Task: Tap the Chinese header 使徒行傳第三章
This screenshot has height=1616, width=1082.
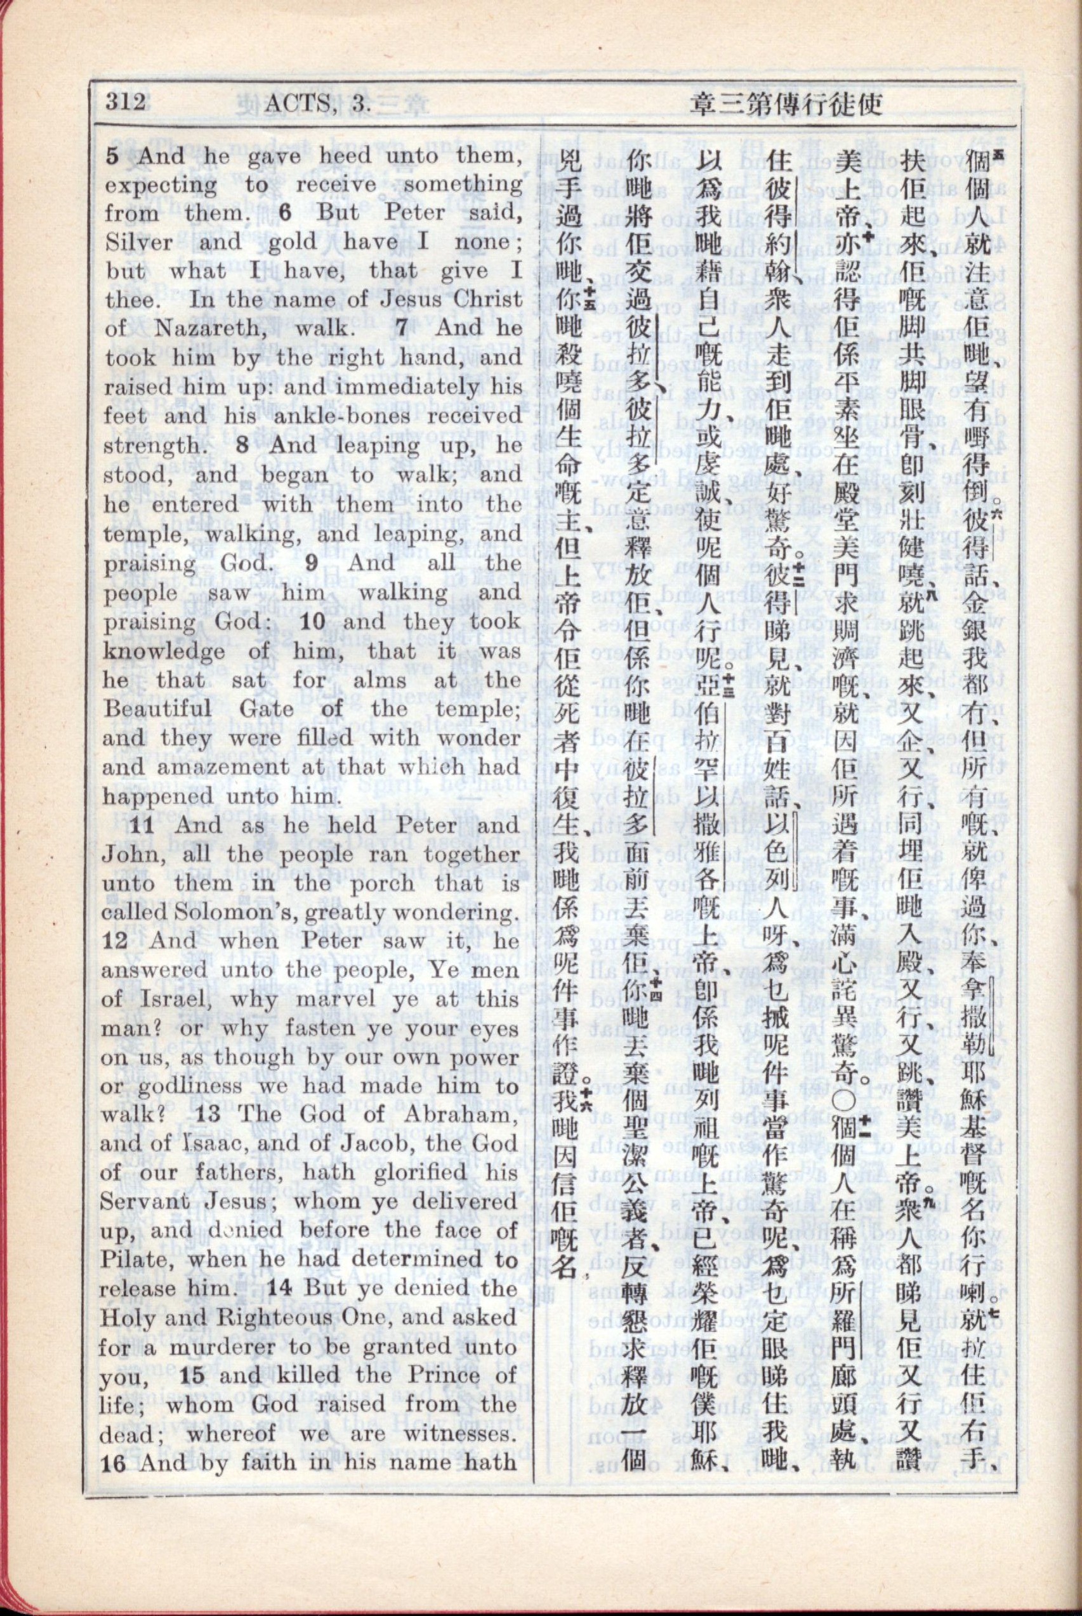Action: [x=787, y=105]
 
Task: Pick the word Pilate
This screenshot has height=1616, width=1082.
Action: [x=135, y=1260]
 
